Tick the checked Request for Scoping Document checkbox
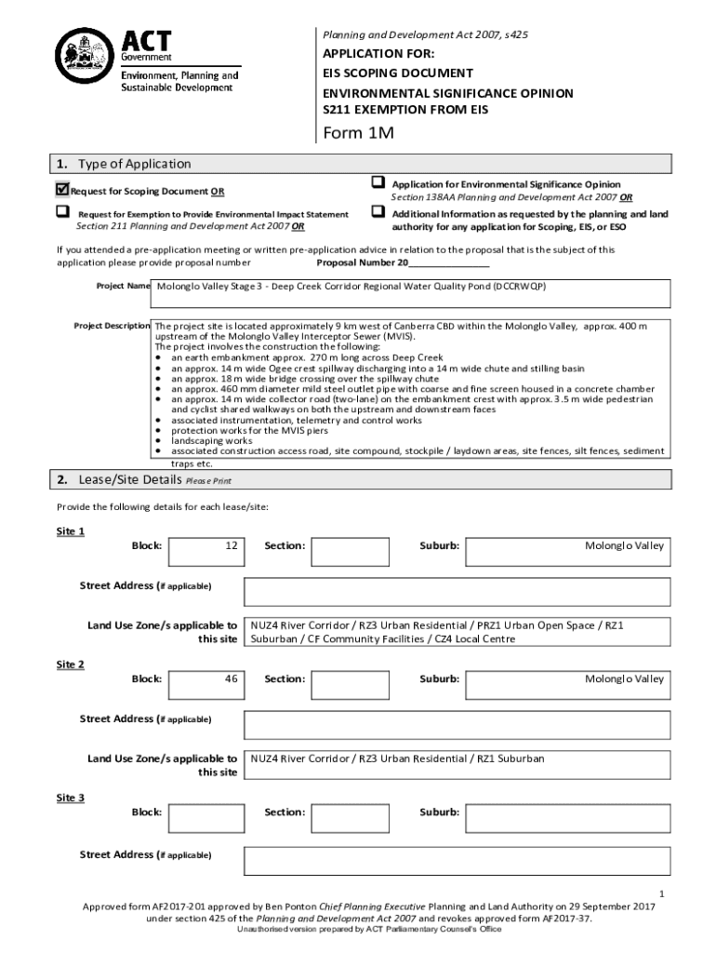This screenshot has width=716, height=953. tap(62, 190)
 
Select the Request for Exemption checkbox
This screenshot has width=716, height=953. tap(62, 212)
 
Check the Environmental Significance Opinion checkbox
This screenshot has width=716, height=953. tap(378, 182)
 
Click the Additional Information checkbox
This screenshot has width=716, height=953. tap(378, 212)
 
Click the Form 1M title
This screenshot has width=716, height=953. tap(358, 134)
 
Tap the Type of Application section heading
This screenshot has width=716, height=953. tap(134, 164)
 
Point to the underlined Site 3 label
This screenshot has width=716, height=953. tap(71, 798)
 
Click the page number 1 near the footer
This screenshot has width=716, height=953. tap(659, 891)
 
